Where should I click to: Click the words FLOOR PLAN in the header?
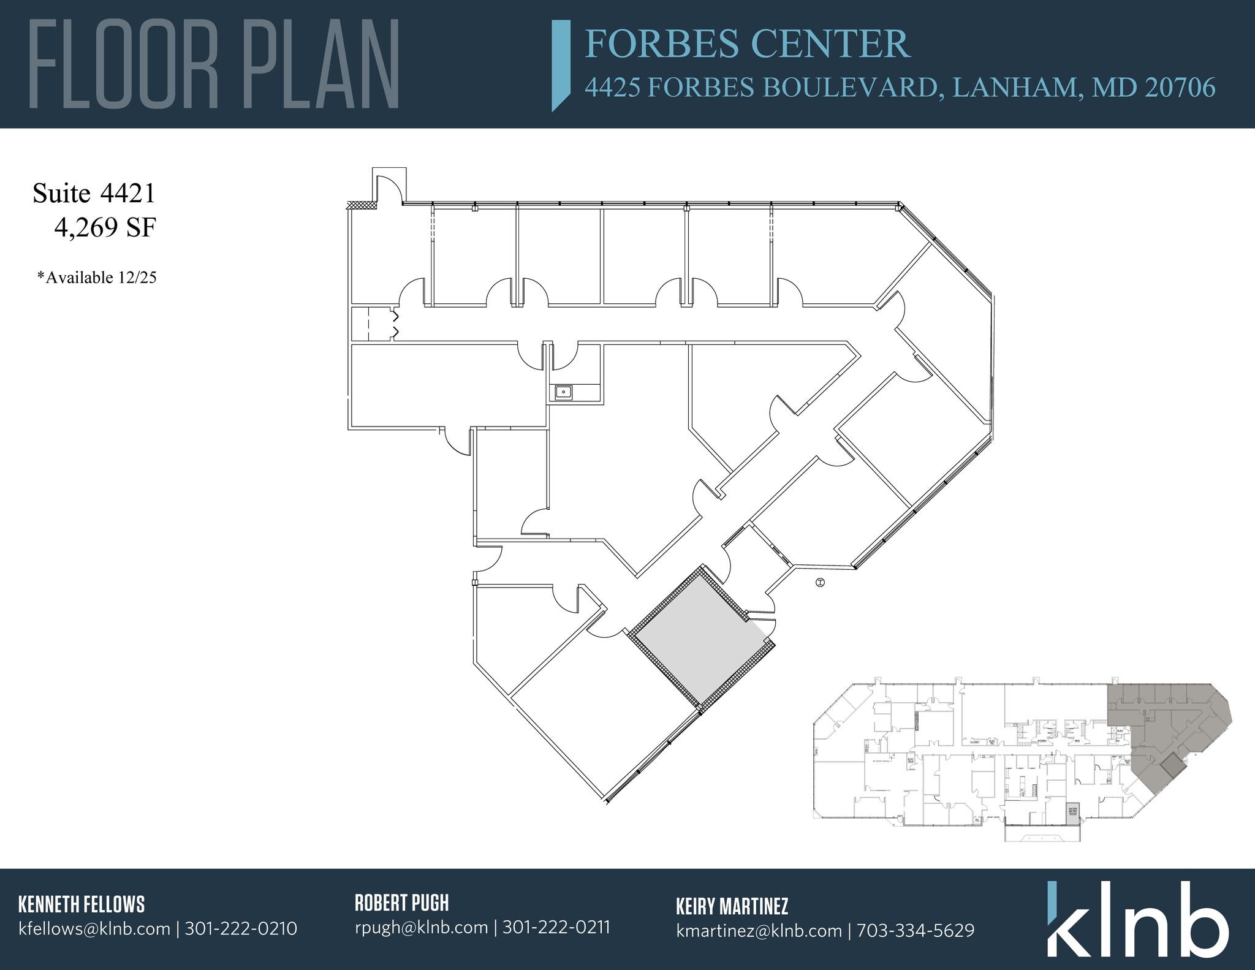(214, 64)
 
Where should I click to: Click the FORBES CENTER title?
(747, 44)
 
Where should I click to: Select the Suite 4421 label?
(94, 194)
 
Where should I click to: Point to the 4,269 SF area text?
(105, 229)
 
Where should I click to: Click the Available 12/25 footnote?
(97, 278)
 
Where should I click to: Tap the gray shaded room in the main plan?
(698, 637)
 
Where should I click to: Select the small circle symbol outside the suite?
(821, 583)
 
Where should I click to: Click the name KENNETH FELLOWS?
(82, 904)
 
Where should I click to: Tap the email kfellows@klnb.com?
(94, 929)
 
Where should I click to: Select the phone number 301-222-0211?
(556, 927)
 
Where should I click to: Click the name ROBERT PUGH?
(401, 903)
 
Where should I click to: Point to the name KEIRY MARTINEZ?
(732, 906)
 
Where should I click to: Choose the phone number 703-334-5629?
(915, 931)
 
